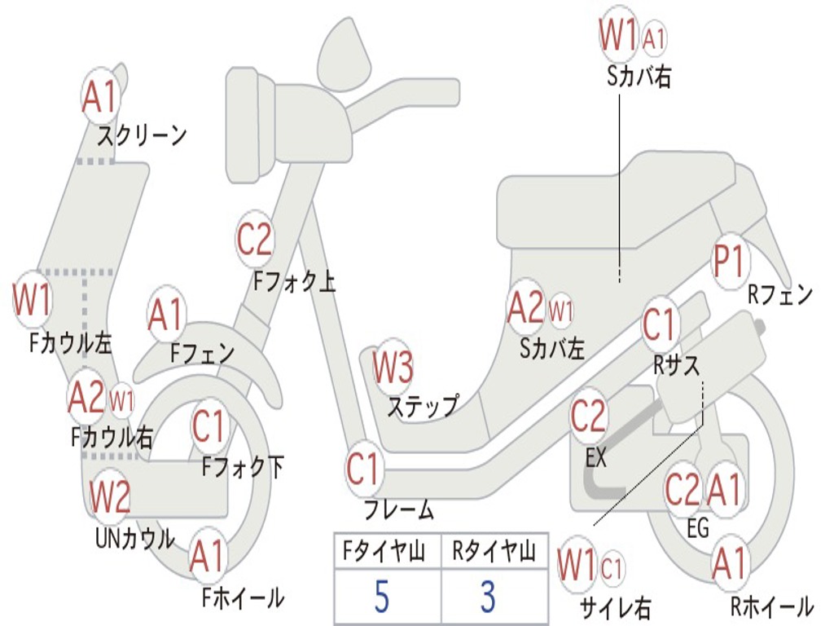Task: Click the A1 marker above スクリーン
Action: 100,96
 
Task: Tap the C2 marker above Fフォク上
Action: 254,239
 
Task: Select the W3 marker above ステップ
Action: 393,368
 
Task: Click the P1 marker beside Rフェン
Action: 729,261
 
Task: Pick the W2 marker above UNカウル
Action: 109,496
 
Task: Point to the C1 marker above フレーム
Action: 362,469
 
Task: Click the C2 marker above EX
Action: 588,416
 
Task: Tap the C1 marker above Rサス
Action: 660,324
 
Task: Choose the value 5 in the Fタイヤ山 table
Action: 381,596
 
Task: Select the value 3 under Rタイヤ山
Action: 489,596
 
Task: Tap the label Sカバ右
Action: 639,77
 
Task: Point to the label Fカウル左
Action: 71,343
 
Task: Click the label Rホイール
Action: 772,606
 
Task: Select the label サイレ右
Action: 616,607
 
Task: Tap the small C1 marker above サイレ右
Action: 612,568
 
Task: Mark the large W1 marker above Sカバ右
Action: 619,34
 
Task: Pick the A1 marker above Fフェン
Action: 166,314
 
